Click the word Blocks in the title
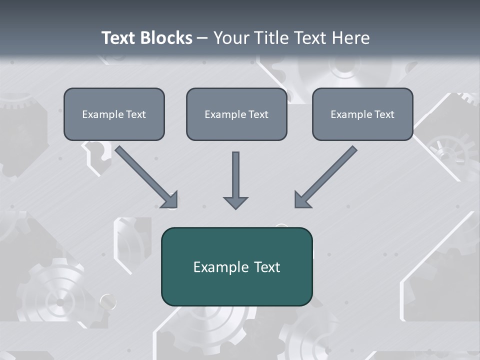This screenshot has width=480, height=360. tap(166, 38)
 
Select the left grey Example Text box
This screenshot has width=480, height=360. tap(114, 114)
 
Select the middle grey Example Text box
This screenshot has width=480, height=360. tap(236, 114)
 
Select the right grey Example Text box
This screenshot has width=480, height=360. tap(362, 114)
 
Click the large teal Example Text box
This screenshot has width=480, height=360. tap(236, 267)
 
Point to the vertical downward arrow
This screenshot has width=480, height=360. tap(235, 177)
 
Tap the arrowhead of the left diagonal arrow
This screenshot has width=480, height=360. tap(170, 200)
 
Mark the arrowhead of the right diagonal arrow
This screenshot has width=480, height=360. tap(302, 200)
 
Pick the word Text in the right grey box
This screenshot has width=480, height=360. tap(384, 114)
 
